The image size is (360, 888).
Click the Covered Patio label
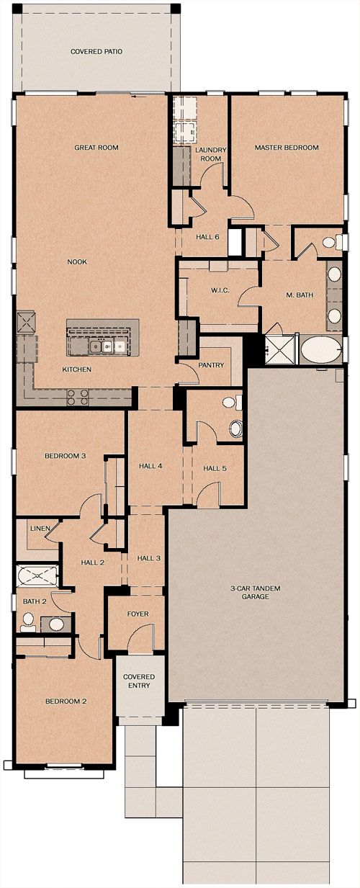pyautogui.click(x=96, y=52)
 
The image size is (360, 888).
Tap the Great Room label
pyautogui.click(x=96, y=148)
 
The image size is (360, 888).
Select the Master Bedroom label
pyautogui.click(x=287, y=148)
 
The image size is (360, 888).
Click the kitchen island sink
pyautogui.click(x=101, y=346)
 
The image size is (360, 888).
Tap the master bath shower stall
pyautogui.click(x=280, y=349)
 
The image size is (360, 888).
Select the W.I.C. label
pyautogui.click(x=220, y=290)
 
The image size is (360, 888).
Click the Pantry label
pyautogui.click(x=211, y=365)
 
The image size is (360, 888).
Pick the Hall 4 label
pyautogui.click(x=150, y=466)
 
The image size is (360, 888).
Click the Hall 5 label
pyautogui.click(x=215, y=469)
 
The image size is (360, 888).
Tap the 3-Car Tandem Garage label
pyautogui.click(x=256, y=592)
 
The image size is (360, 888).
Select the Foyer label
pyautogui.click(x=138, y=614)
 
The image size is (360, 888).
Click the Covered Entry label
pyautogui.click(x=139, y=681)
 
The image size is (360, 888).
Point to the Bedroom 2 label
pyautogui.click(x=66, y=701)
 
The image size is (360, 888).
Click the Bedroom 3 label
pyautogui.click(x=65, y=456)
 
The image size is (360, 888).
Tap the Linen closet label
pyautogui.click(x=40, y=529)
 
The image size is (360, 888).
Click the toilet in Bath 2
pyautogui.click(x=28, y=622)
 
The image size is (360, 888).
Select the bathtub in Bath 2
pyautogui.click(x=37, y=575)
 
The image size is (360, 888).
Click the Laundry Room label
pyautogui.click(x=210, y=154)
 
